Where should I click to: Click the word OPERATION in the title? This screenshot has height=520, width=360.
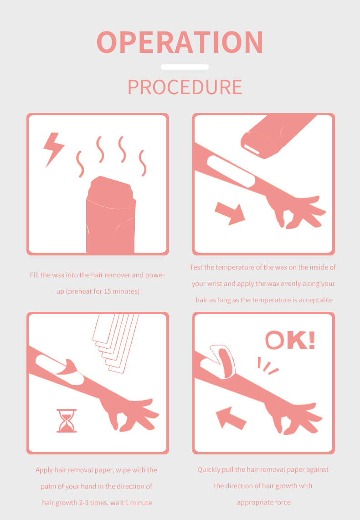pos(180,42)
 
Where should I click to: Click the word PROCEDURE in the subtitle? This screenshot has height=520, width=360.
pos(185,87)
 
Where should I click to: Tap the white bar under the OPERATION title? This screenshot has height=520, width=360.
pos(185,67)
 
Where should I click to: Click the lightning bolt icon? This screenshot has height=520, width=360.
pos(53,150)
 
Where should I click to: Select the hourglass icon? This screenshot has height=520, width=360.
pos(67,421)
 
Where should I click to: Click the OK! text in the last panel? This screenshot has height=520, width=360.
pos(290,340)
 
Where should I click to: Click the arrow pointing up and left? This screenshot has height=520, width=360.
pos(231,418)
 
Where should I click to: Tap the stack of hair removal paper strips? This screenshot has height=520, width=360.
pos(116,343)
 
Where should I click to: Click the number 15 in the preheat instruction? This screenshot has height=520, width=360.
pos(107,291)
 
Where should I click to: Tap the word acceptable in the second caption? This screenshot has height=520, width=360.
pos(315,300)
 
